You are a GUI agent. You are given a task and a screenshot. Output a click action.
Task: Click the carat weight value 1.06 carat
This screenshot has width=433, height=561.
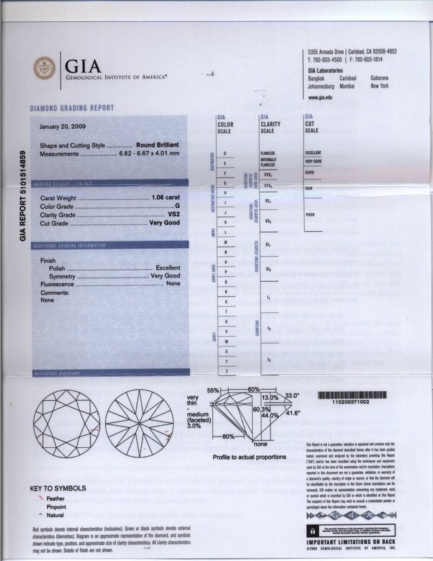pyautogui.click(x=164, y=198)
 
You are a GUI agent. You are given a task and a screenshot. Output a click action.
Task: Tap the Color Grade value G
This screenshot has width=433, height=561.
pyautogui.click(x=177, y=206)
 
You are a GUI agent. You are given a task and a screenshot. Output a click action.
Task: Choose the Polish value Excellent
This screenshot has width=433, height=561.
pyautogui.click(x=168, y=268)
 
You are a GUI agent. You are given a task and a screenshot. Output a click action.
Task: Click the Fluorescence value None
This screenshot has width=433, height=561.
pyautogui.click(x=173, y=283)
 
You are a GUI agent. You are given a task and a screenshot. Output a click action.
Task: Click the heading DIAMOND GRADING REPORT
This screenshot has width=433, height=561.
pyautogui.click(x=72, y=108)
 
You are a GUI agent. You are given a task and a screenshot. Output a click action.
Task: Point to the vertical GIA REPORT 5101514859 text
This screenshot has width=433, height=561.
pyautogui.click(x=23, y=195)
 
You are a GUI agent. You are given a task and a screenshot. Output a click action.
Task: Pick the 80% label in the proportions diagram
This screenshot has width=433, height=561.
pyautogui.click(x=228, y=436)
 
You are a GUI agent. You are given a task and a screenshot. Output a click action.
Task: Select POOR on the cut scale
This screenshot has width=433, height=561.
pyautogui.click(x=310, y=214)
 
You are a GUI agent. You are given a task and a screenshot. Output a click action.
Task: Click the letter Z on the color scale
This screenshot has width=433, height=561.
pyautogui.click(x=225, y=371)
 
